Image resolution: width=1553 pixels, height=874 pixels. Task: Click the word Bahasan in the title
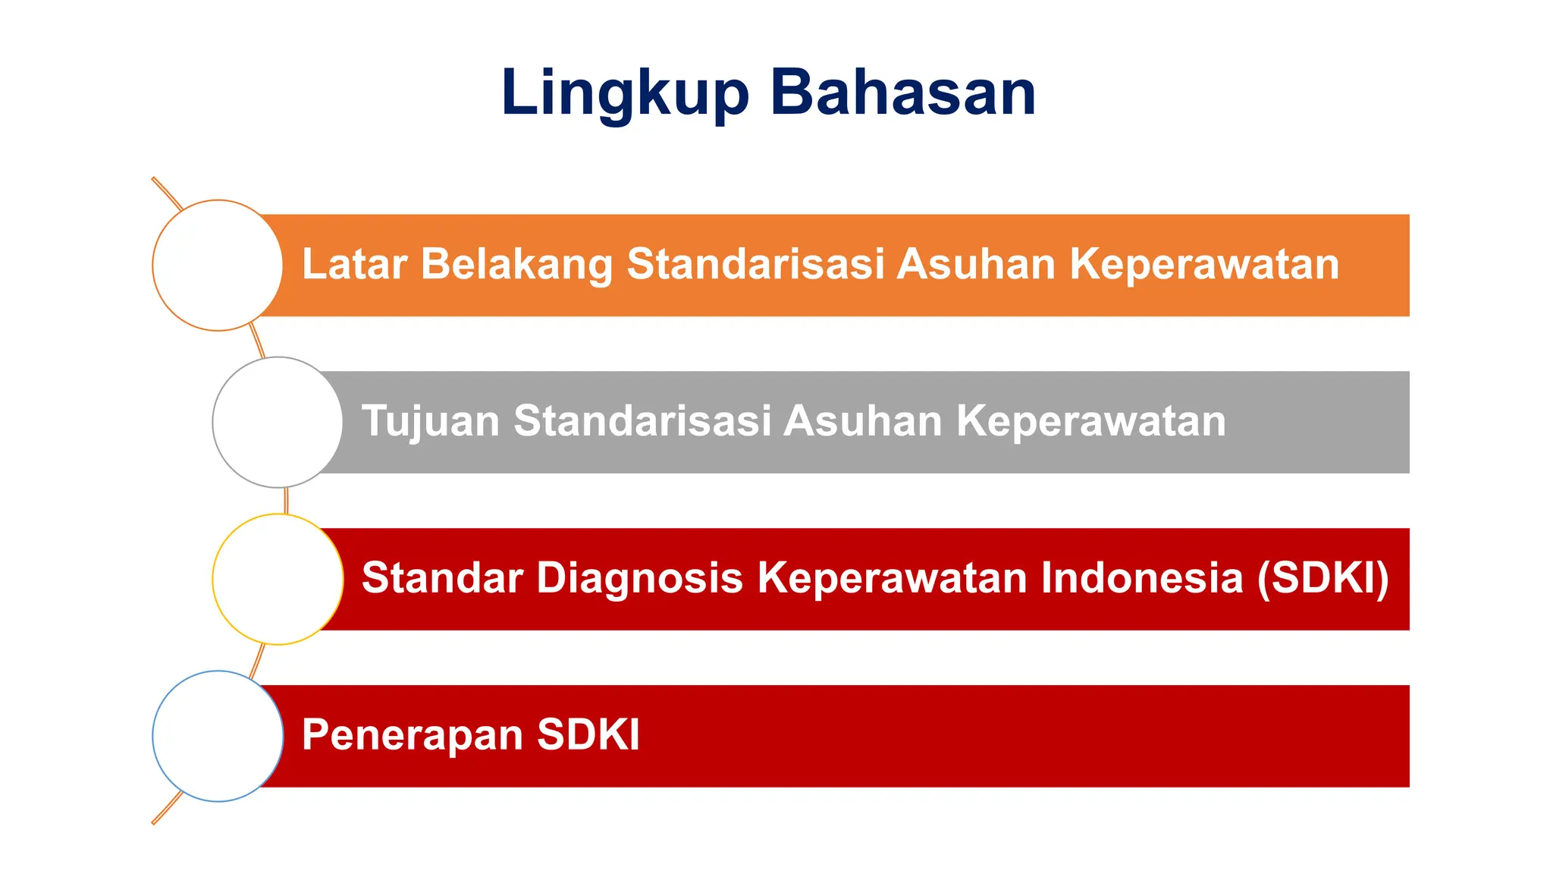pos(902,93)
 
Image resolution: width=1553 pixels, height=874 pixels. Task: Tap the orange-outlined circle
pos(218,266)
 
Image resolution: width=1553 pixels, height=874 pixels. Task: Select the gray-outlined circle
pos(278,423)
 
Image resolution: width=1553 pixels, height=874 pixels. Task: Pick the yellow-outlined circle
pos(278,580)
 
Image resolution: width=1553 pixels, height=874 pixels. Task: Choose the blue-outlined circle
pos(218,736)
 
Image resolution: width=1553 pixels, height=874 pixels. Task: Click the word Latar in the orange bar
pos(354,264)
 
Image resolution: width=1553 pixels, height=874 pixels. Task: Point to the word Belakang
pos(516,264)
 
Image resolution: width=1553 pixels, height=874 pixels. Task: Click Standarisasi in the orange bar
pos(755,264)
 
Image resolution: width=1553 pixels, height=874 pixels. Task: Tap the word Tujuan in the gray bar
pos(430,421)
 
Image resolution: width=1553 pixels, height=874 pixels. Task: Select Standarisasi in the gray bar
pos(642,421)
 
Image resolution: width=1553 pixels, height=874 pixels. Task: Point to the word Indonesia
pos(1142,578)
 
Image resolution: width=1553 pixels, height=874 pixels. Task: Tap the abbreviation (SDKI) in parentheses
pos(1322,578)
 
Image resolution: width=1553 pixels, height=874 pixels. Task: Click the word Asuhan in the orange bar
pos(977,264)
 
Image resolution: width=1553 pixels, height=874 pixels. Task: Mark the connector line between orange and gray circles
pos(257,341)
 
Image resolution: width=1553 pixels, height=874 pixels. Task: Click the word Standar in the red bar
pos(442,578)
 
